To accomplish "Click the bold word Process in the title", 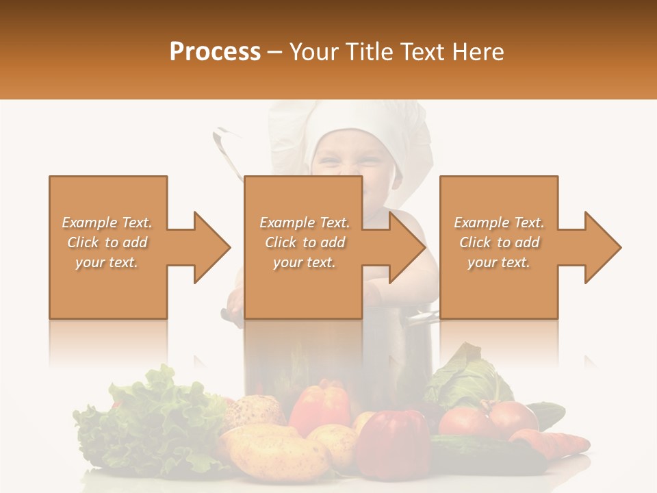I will coord(215,51).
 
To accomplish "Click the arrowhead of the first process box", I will coord(211,247).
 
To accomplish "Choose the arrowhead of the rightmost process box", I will coord(602,247).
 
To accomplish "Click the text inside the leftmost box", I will coord(107,242).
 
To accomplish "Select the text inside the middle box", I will coord(305,242).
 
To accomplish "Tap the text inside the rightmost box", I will coord(499,242).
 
